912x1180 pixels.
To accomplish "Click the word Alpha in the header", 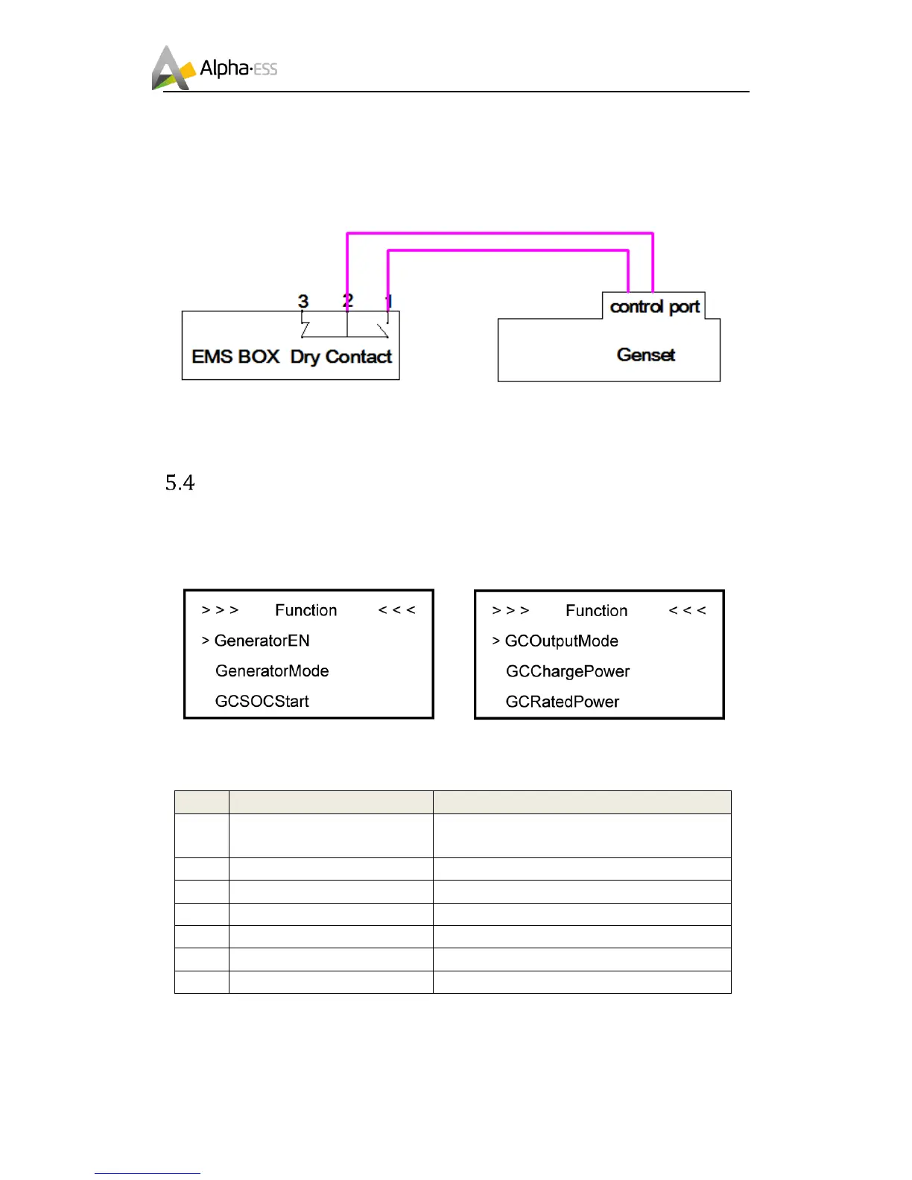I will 224,69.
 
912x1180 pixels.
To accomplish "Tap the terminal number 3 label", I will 303,301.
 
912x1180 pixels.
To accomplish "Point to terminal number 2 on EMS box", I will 347,301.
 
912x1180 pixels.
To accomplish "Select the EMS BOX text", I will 235,357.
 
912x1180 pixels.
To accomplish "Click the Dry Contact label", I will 341,357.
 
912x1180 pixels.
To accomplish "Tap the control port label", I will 654,307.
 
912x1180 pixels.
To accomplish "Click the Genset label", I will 646,355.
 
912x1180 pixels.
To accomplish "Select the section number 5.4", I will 180,483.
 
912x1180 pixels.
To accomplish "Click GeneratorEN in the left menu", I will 262,641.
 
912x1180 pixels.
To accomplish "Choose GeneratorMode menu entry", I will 272,671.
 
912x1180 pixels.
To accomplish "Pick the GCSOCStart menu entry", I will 262,702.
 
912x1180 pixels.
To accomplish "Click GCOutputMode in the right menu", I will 561,641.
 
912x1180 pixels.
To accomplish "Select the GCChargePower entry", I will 567,672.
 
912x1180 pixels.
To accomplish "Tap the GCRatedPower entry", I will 562,702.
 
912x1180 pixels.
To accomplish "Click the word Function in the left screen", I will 305,611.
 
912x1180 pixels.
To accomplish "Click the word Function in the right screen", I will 596,611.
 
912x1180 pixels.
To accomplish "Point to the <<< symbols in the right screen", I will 687,611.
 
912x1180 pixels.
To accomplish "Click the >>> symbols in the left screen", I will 220,610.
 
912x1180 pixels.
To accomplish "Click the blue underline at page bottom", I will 147,1173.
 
